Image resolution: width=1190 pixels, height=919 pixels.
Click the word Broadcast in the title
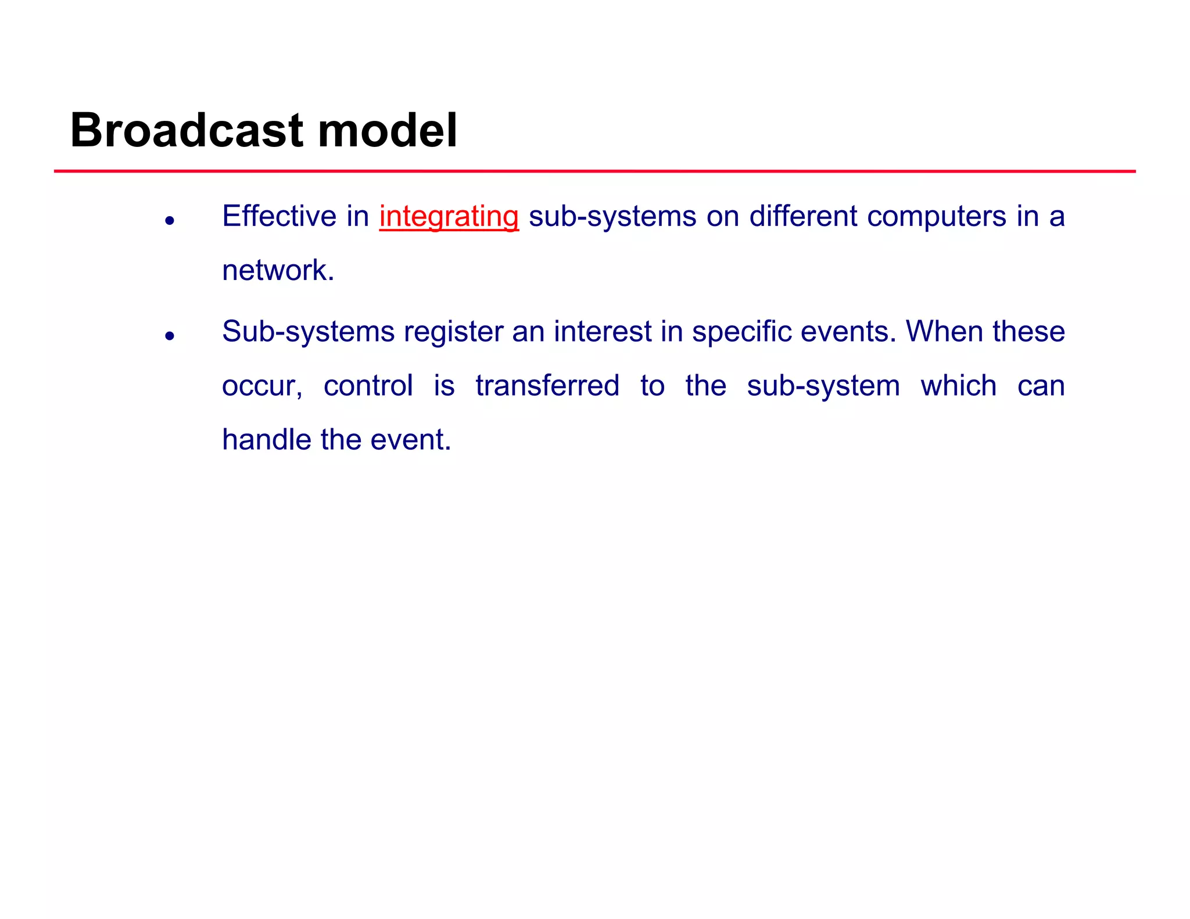point(187,130)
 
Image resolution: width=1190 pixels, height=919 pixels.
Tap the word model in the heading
point(388,130)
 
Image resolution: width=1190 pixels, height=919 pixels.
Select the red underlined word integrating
point(449,217)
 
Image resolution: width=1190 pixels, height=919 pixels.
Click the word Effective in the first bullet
point(279,217)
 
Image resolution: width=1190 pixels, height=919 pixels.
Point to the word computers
point(936,217)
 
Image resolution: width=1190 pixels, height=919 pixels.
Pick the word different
point(803,217)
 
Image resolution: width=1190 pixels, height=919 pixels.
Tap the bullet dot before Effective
point(170,221)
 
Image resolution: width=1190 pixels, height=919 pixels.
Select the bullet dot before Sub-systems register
point(170,336)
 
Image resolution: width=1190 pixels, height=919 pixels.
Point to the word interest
point(602,332)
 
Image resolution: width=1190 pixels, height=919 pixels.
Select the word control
point(368,386)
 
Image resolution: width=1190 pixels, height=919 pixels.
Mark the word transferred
point(547,386)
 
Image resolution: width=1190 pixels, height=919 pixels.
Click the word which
point(959,386)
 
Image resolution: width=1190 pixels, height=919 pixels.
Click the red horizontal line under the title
point(594,171)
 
